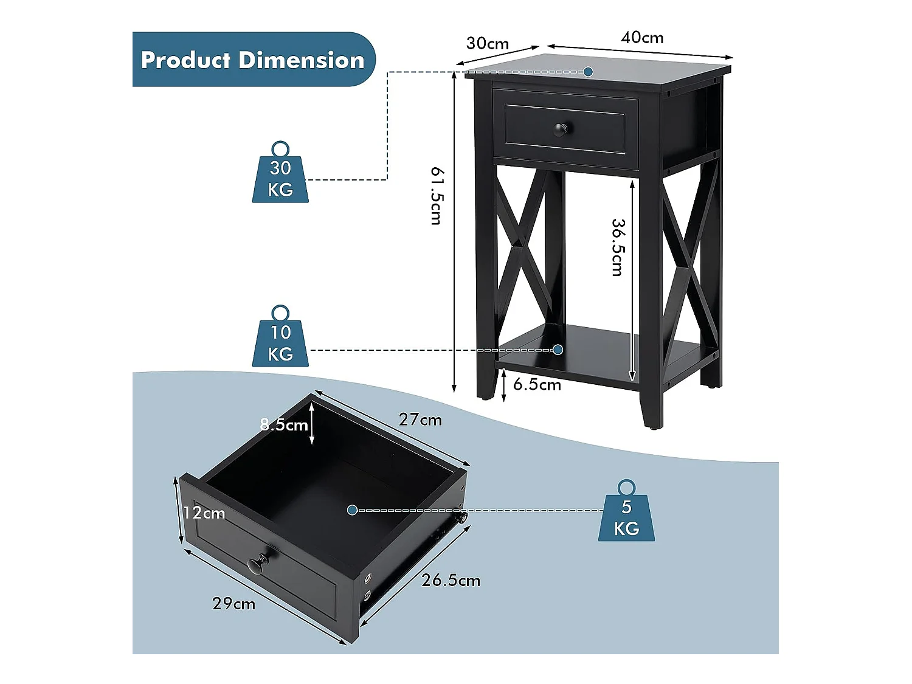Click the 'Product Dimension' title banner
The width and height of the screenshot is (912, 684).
253,60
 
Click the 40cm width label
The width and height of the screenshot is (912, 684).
642,38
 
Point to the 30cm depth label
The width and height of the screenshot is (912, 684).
487,43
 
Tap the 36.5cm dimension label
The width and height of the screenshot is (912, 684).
618,247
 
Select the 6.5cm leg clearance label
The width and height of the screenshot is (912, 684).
537,384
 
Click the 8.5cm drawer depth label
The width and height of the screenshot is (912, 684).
284,424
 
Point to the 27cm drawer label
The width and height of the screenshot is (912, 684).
420,420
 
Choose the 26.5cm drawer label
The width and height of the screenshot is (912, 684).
451,580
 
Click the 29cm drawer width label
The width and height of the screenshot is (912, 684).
233,603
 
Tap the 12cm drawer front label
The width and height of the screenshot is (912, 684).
204,513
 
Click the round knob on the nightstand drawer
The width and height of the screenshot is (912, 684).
560,129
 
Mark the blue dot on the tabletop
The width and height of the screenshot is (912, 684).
588,72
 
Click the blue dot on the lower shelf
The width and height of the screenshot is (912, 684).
558,350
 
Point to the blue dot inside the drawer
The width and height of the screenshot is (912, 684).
352,510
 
